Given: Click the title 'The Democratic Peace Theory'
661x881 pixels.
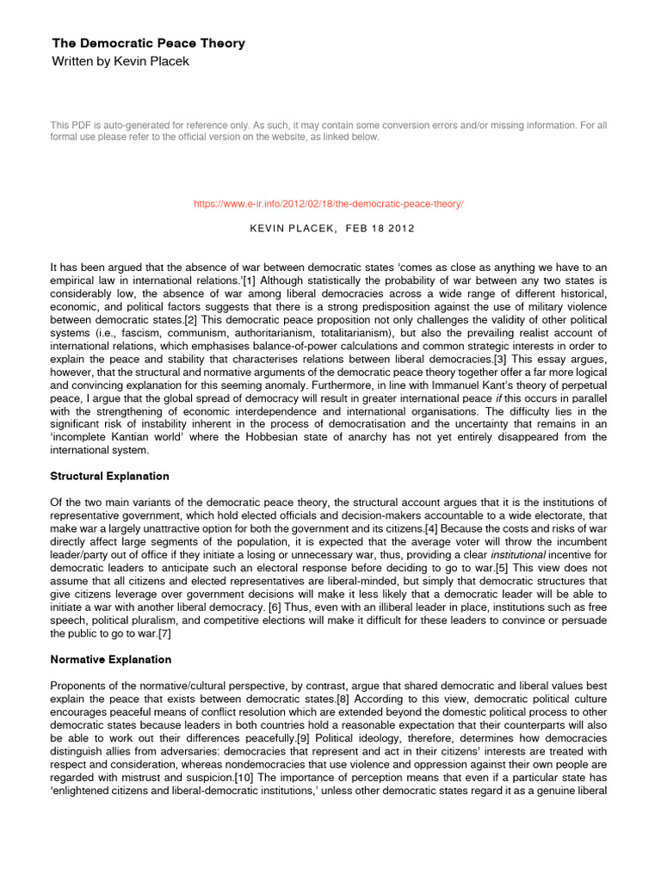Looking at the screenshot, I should [148, 43].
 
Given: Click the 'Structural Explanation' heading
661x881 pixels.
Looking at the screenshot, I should [110, 476].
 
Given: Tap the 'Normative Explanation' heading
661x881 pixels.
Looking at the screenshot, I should [111, 660].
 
